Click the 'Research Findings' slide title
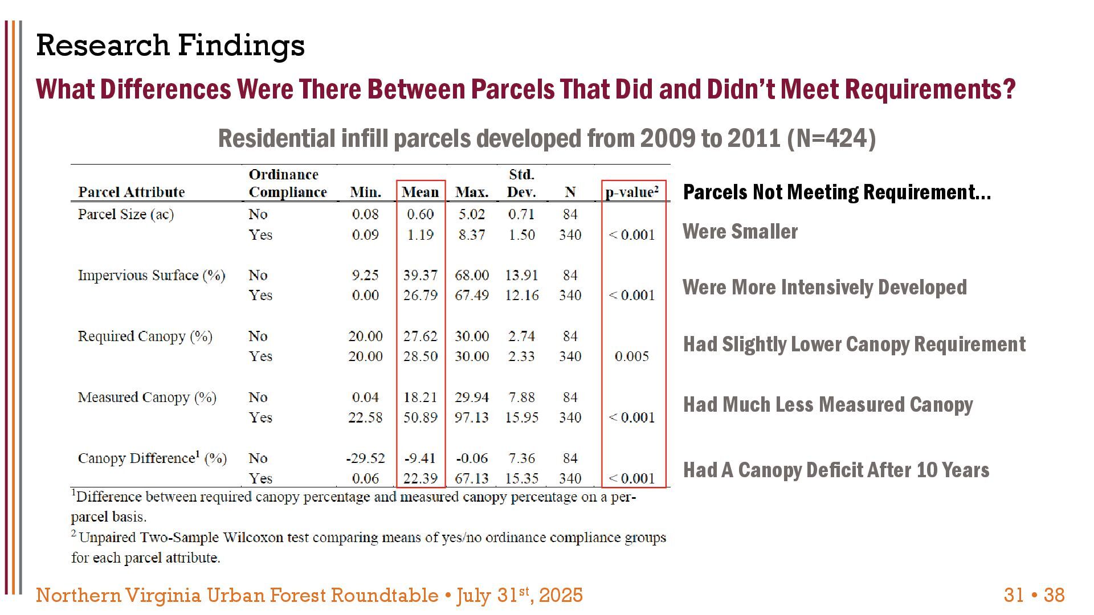coord(170,46)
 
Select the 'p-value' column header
coord(632,191)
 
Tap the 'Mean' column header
coord(420,192)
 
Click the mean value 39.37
coord(420,275)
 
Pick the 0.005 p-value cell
coord(632,356)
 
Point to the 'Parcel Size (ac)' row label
coord(126,214)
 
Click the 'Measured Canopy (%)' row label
coord(147,397)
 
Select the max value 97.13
coord(472,417)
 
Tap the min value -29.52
coord(365,458)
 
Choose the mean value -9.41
coord(420,458)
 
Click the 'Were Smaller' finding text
coord(740,231)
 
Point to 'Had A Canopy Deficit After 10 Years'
coord(836,470)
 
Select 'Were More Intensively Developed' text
coord(824,287)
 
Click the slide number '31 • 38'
coord(1034,595)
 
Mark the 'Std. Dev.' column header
coord(521,183)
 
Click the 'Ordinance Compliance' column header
coord(288,183)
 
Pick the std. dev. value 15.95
coord(521,417)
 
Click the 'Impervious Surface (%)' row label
coord(152,275)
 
